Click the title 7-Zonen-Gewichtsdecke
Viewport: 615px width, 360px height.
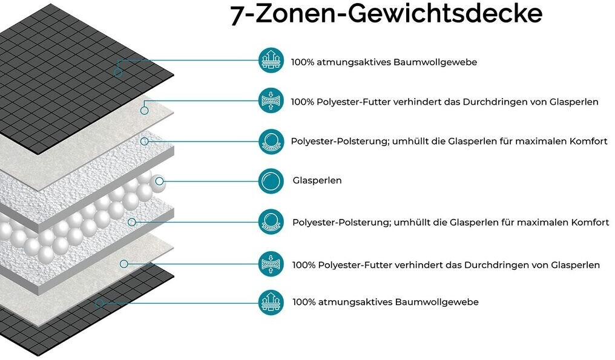pyautogui.click(x=386, y=14)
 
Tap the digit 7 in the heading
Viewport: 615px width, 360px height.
pyautogui.click(x=237, y=15)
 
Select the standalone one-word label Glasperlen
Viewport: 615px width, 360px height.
pyautogui.click(x=317, y=180)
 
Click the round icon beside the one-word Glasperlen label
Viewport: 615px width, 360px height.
pyautogui.click(x=271, y=180)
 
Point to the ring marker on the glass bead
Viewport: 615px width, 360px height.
pyautogui.click(x=160, y=180)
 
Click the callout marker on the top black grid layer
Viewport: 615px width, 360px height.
pyautogui.click(x=118, y=73)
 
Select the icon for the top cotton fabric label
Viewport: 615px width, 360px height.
pyautogui.click(x=271, y=62)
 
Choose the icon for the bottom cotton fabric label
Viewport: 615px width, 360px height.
pyautogui.click(x=271, y=301)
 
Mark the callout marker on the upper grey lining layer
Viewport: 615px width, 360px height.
pyautogui.click(x=144, y=110)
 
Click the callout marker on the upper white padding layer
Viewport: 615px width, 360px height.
pyautogui.click(x=144, y=141)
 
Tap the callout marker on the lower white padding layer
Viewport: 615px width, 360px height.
pyautogui.click(x=131, y=222)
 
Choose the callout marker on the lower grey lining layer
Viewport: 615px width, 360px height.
pyautogui.click(x=123, y=263)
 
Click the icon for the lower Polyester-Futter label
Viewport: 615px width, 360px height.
pyautogui.click(x=271, y=264)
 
